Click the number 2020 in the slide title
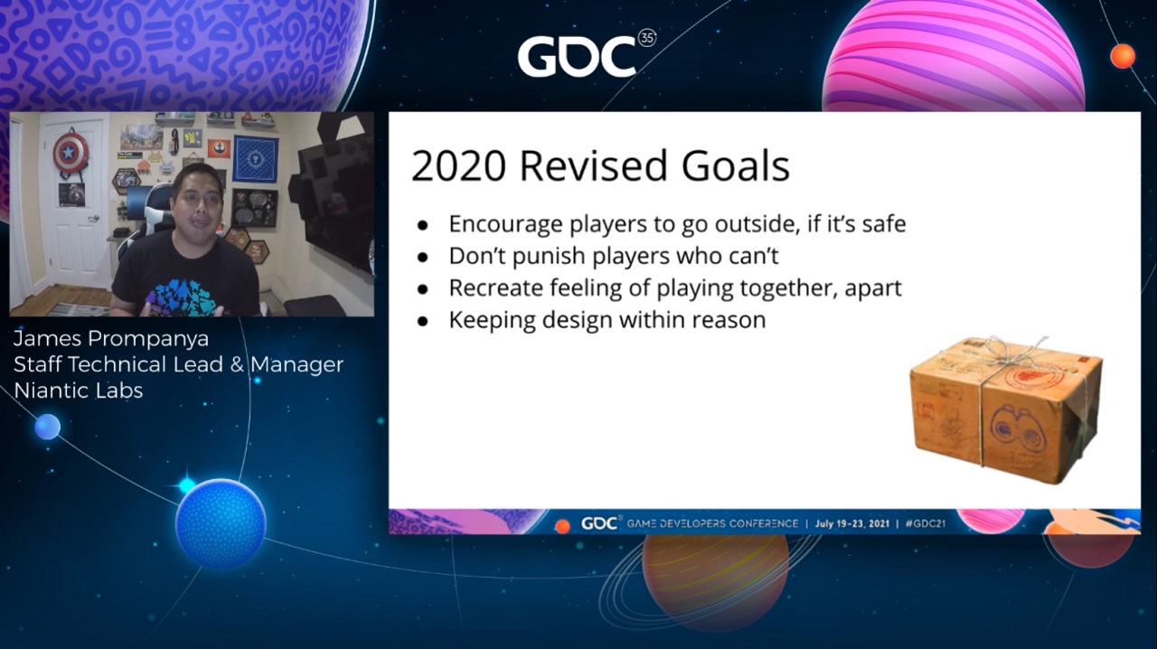click(x=458, y=166)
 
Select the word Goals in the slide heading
click(x=736, y=166)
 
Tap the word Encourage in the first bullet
click(x=504, y=225)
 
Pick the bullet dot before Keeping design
click(x=423, y=322)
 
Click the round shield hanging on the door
click(x=71, y=152)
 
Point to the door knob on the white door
click(x=94, y=219)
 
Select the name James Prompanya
click(x=111, y=339)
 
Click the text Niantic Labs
click(x=78, y=390)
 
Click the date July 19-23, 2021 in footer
click(x=852, y=523)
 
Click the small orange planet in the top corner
click(x=1123, y=56)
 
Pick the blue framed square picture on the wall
click(x=255, y=158)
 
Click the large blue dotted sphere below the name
click(x=221, y=523)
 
